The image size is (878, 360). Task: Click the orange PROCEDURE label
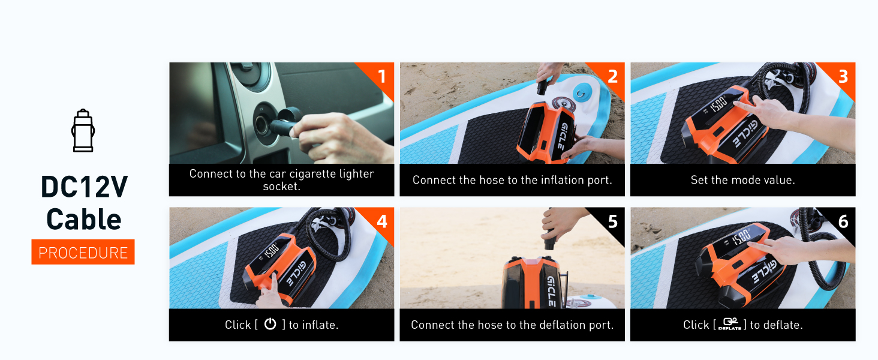point(83,252)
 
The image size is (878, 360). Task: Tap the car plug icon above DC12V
point(83,130)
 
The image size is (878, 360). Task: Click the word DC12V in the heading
point(84,187)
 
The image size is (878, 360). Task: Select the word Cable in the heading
point(84,219)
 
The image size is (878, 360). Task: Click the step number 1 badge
point(381,76)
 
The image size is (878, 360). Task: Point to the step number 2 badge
point(612,76)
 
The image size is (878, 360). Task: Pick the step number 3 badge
point(843,76)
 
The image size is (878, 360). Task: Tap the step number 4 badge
point(381,221)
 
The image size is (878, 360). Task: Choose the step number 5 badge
point(612,221)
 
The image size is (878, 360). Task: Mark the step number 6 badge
point(843,221)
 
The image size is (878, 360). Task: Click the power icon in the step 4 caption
point(270,324)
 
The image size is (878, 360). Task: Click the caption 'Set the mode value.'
point(742,180)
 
